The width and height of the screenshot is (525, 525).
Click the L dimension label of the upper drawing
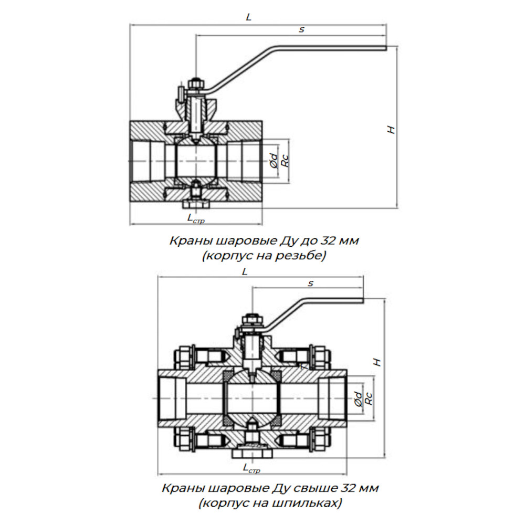248,17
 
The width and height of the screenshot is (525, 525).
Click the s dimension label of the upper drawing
302,29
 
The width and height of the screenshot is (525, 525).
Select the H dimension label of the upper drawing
391,130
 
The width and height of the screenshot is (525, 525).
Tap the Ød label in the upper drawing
274,161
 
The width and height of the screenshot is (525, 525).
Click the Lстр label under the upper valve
196,218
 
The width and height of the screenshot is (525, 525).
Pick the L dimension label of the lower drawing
245,271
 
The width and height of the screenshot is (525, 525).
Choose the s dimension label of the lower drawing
311,283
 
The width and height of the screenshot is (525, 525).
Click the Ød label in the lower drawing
358,399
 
